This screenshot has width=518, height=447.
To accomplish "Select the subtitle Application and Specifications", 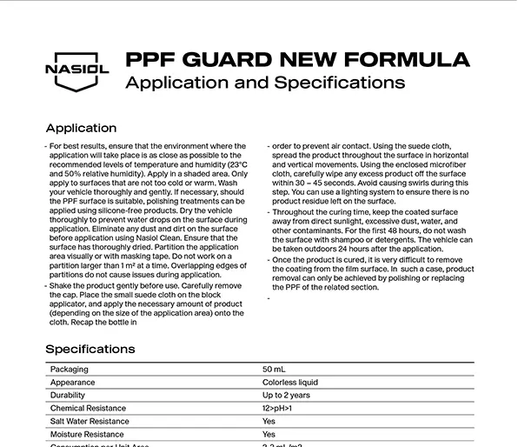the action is point(265,83).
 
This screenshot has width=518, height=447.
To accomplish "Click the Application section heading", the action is point(81,128).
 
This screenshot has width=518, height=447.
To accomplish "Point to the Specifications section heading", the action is point(90,349).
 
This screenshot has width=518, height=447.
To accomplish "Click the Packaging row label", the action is point(70,369).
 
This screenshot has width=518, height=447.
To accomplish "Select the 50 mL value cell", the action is point(274,369).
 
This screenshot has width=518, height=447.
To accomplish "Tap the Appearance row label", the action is point(73,382).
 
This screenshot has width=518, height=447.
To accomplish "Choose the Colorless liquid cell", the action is point(290,382).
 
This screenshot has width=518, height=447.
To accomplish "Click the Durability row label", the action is point(69,395).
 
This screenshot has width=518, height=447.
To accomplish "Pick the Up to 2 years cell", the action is point(286,395).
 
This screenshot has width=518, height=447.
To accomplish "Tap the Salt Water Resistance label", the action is point(90,421).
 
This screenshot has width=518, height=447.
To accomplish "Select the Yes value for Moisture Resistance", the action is point(269,434).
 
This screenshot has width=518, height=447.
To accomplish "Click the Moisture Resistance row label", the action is point(87,434).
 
